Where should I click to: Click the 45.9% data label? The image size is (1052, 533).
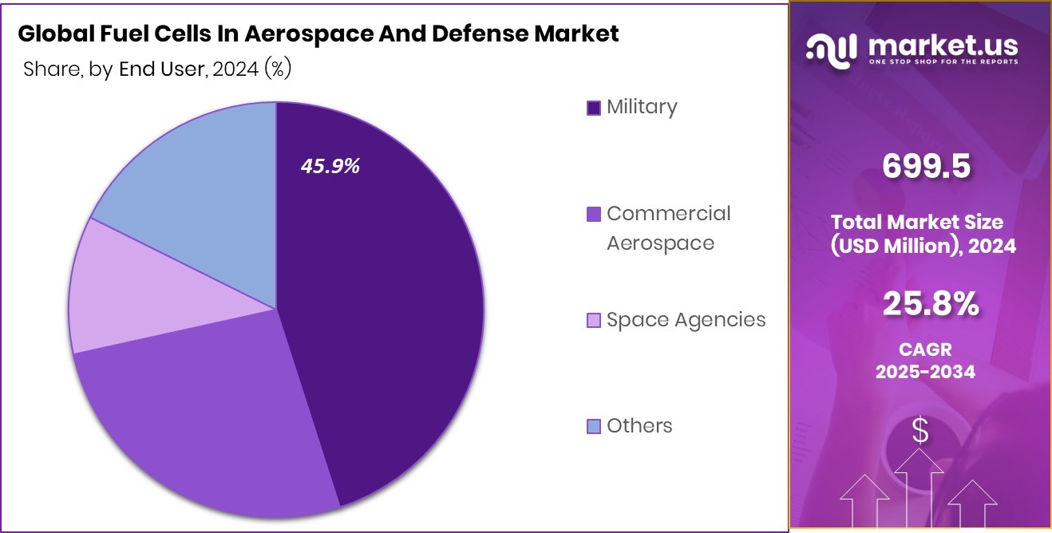click(x=330, y=166)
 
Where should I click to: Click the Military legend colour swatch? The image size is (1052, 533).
click(x=594, y=108)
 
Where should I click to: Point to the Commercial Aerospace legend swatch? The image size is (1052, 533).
click(x=594, y=215)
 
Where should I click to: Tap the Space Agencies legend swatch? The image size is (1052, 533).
click(x=594, y=321)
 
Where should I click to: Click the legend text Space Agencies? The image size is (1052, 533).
click(x=686, y=320)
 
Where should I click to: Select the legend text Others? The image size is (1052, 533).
click(x=639, y=426)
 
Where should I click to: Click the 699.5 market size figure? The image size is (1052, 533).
click(x=926, y=167)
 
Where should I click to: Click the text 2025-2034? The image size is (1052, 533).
click(x=925, y=371)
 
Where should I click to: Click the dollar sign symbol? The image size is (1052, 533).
click(x=920, y=432)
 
